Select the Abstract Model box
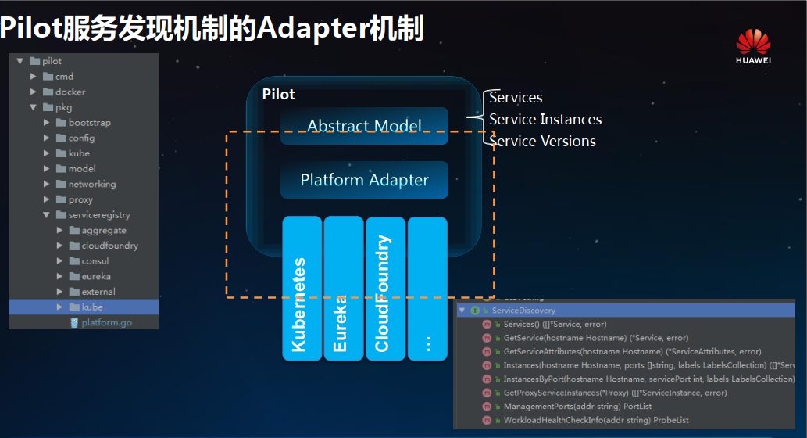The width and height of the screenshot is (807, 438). pos(364,126)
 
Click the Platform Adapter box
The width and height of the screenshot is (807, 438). pos(364,180)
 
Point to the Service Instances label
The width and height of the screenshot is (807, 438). pos(545,120)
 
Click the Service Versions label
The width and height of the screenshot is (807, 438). pos(542,142)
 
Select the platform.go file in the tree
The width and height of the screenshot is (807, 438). pos(106,322)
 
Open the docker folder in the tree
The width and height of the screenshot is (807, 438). pos(70,92)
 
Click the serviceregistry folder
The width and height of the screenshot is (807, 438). pos(98,215)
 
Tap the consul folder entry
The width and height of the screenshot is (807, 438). pos(95,261)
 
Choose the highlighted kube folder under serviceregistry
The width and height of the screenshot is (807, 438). pos(91,307)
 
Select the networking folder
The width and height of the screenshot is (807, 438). pos(91,185)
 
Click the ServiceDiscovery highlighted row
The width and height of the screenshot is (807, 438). pos(523,311)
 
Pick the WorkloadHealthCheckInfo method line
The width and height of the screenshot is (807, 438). pos(595,421)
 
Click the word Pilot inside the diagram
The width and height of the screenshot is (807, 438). pos(279,95)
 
